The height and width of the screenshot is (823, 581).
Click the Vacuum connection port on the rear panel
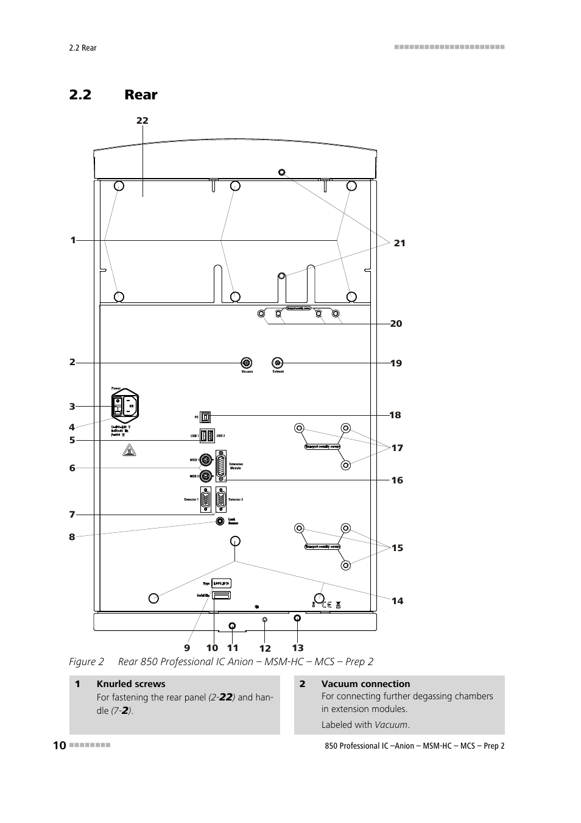pos(247,363)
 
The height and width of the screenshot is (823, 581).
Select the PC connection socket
pos(205,416)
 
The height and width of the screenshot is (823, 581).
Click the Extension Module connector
pos(220,467)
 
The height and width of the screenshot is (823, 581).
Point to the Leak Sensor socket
pos(220,521)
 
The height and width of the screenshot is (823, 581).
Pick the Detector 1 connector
pos(205,499)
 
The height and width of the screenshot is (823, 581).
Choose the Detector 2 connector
pos(220,499)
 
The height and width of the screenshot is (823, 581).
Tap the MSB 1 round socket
pos(206,460)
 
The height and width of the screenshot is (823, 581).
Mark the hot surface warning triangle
pos(130,451)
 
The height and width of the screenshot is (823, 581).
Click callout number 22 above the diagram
pos(142,121)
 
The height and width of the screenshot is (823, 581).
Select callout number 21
pos(400,243)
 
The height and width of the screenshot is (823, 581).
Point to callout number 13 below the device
pos(297,648)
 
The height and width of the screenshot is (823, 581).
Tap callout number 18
pos(395,415)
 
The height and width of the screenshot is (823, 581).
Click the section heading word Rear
pos(141,94)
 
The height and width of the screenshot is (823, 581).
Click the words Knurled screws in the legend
pos(131,684)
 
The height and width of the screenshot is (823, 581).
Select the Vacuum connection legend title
pos(365,684)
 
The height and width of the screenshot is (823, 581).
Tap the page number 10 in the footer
pos(59,746)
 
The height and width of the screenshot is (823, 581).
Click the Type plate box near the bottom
pos(221,583)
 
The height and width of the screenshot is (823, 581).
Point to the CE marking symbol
pos(326,605)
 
